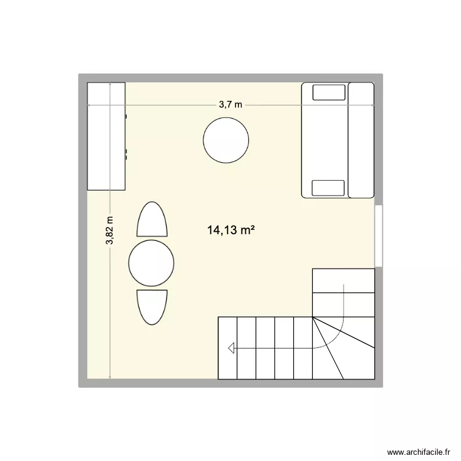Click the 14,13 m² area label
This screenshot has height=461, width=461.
pos(231,230)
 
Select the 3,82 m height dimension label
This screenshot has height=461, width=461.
pos(109,230)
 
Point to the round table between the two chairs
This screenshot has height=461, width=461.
pos(152,263)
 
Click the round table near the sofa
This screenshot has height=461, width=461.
pos(226,140)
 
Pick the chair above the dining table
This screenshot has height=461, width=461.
pos(152,220)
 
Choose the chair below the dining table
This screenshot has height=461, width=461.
pos(152,307)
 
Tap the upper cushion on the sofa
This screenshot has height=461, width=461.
pos(329,92)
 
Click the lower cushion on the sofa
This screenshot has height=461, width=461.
pos(329,187)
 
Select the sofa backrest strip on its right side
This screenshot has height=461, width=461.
pos(361,140)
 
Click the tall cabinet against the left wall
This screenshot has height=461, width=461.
pos(106,136)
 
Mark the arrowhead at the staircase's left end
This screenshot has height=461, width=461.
pos(232,349)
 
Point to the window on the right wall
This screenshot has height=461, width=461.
pos(379,235)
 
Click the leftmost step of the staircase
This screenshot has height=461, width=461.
pos(227,347)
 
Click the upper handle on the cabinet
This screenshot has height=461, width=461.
pos(127,116)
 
